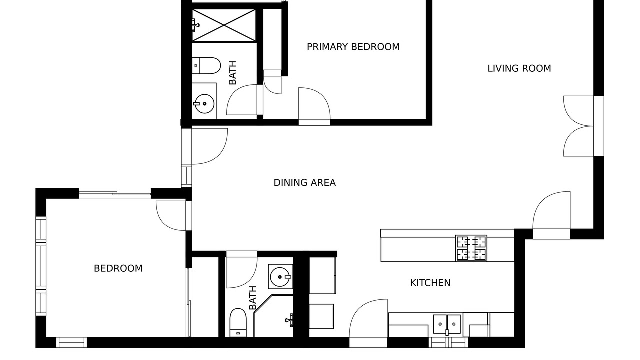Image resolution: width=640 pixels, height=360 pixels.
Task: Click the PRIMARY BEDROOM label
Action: (353, 47)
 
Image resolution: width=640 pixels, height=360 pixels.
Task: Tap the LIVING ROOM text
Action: (519, 69)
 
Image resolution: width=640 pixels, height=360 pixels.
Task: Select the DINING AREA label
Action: (305, 183)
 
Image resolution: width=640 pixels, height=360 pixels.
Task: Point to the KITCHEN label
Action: (430, 283)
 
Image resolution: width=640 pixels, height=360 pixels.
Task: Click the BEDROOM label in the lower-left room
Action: (118, 268)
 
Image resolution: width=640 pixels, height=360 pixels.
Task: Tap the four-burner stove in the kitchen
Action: (471, 248)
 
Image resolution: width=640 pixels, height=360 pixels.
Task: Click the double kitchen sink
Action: (447, 324)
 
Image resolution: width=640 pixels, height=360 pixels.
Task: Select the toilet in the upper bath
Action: (206, 65)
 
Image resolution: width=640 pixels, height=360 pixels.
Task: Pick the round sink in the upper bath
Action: (204, 104)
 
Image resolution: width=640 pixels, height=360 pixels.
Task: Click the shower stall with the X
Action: (224, 25)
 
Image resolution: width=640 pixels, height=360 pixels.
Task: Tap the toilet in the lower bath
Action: (238, 322)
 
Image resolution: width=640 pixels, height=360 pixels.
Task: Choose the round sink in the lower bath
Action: (280, 277)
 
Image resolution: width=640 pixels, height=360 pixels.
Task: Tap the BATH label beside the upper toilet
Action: (233, 73)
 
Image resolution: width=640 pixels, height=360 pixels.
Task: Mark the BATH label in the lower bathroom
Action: (253, 298)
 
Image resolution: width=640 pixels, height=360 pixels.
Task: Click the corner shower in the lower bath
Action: (273, 316)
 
